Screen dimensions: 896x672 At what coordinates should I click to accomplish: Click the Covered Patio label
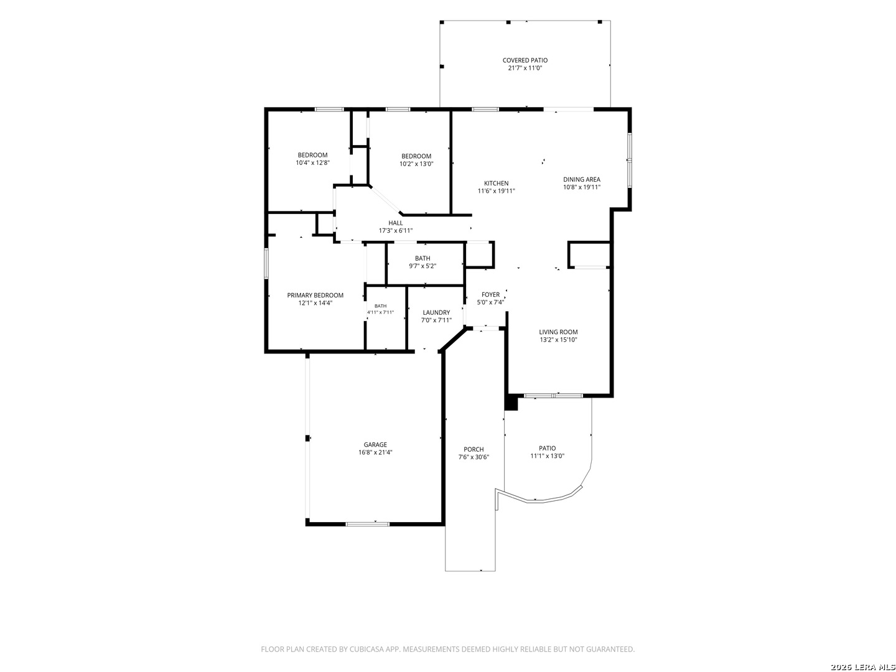tap(525, 60)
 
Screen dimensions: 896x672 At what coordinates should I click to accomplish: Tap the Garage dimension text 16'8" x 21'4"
tap(375, 452)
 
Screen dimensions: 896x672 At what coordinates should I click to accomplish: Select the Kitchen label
tap(496, 183)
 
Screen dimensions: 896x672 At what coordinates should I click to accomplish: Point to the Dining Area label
tap(581, 180)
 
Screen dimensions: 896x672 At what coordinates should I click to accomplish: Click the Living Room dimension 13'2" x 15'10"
tap(558, 340)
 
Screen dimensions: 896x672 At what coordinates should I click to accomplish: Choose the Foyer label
tap(490, 294)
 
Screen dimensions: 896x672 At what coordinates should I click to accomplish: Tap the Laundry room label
tap(436, 312)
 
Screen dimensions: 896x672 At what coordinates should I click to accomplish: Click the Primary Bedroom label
tap(315, 296)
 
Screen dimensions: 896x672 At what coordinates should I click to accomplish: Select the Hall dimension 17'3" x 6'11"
tap(395, 230)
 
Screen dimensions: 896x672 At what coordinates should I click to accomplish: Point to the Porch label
tap(474, 449)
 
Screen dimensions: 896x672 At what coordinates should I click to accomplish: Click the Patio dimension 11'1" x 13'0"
tap(547, 456)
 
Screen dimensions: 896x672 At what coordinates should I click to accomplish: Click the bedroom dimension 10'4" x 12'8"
tap(312, 162)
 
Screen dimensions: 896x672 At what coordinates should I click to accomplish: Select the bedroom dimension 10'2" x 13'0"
tap(416, 164)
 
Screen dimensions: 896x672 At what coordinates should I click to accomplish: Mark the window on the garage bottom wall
tap(367, 524)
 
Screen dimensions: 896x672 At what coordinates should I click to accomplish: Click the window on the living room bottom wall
tap(553, 395)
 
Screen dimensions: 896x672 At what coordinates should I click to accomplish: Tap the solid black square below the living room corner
tap(511, 404)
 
